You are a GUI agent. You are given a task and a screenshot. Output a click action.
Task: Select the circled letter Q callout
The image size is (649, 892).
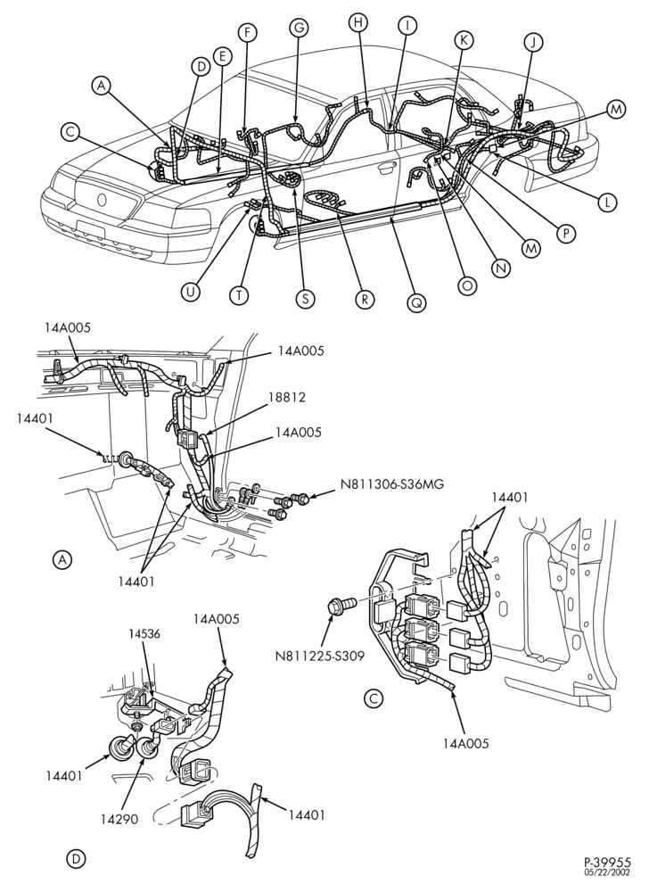pos(416,303)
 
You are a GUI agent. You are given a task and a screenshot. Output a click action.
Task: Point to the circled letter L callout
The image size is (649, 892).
pos(607,202)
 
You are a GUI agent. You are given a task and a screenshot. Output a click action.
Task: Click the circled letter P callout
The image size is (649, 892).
pos(566,233)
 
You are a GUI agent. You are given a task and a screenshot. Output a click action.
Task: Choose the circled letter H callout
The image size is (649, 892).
pos(358,22)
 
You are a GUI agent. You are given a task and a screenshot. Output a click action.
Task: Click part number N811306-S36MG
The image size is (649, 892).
pos(392,484)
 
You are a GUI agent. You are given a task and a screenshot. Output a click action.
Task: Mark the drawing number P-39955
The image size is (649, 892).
pos(607,863)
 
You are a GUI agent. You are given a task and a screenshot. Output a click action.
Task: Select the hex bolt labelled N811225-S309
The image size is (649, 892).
pos(341,604)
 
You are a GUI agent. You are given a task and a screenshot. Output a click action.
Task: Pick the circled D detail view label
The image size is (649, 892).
pos(75,859)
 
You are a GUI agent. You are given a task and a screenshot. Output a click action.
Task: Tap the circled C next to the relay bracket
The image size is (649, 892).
pos(373,698)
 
